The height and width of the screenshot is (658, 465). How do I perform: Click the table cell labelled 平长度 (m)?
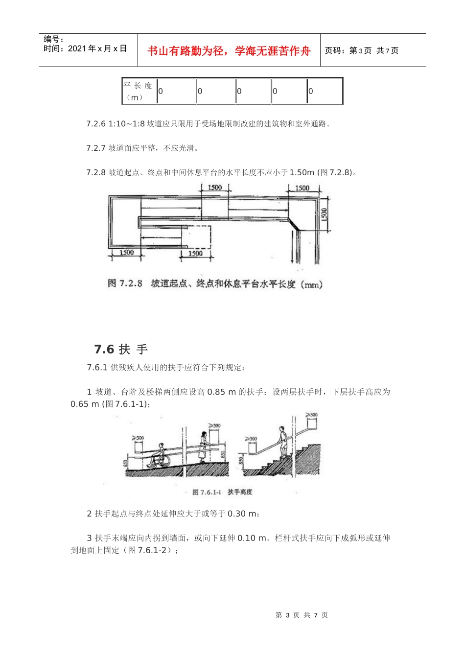click(139, 91)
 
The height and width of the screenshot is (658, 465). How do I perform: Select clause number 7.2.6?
click(96, 124)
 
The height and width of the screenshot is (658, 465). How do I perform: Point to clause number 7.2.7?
click(96, 148)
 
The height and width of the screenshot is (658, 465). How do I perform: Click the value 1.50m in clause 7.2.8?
click(302, 172)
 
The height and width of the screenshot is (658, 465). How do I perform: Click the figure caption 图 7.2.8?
click(125, 284)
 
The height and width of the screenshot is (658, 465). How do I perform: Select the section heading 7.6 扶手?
click(121, 349)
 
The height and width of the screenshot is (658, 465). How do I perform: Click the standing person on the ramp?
click(203, 446)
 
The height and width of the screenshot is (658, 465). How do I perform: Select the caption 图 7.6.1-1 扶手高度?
click(222, 492)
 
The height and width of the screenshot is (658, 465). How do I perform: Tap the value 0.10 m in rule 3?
click(252, 538)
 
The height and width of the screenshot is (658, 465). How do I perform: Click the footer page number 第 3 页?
click(287, 615)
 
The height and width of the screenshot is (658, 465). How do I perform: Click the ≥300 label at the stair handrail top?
click(311, 415)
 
